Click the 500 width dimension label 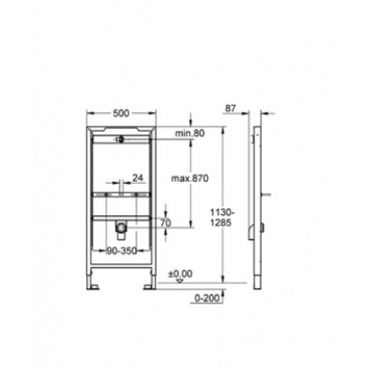pos(121,113)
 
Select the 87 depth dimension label pos(229,108)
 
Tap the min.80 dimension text pos(190,134)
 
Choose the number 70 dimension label pos(165,223)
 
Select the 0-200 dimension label pos(205,298)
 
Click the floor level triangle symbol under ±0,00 pos(181,281)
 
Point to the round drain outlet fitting pos(121,228)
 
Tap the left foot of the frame pos(94,286)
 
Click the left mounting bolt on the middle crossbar pos(107,196)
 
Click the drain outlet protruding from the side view pos(262,228)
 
